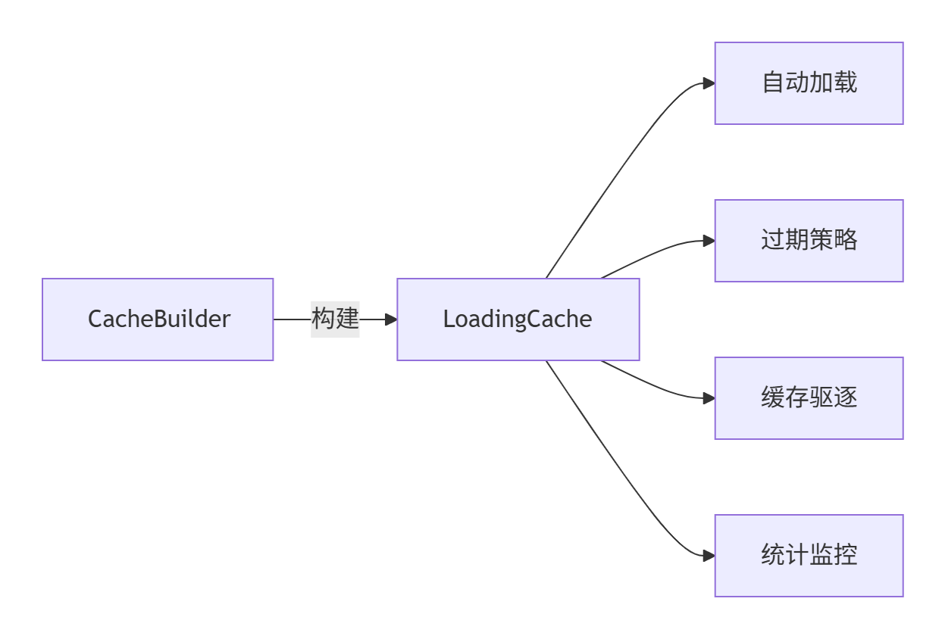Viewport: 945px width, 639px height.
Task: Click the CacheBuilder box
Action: (x=158, y=319)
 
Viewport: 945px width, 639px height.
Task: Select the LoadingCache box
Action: (x=518, y=319)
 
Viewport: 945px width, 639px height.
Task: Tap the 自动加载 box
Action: (x=809, y=83)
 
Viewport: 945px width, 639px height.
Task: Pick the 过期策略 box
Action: (x=809, y=241)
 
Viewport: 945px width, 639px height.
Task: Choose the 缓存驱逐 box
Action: (x=809, y=398)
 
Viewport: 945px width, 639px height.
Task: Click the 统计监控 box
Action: (x=809, y=556)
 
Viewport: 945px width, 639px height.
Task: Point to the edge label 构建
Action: (x=335, y=319)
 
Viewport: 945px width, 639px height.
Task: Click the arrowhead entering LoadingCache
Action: (x=391, y=319)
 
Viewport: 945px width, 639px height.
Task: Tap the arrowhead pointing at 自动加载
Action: (x=709, y=83)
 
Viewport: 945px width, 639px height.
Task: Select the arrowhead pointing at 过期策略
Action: (x=709, y=241)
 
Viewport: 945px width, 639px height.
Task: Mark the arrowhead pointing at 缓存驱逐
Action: (x=709, y=398)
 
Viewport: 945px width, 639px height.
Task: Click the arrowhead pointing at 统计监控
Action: (x=709, y=556)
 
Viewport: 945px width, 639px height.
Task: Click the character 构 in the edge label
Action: (x=324, y=319)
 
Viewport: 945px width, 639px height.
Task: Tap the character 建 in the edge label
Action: (x=347, y=319)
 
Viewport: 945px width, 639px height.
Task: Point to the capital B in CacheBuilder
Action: (x=161, y=319)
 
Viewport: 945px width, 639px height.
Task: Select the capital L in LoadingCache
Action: (x=449, y=319)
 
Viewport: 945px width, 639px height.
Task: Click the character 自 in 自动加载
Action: (x=773, y=83)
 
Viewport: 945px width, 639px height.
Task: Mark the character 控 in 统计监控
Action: (x=846, y=555)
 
